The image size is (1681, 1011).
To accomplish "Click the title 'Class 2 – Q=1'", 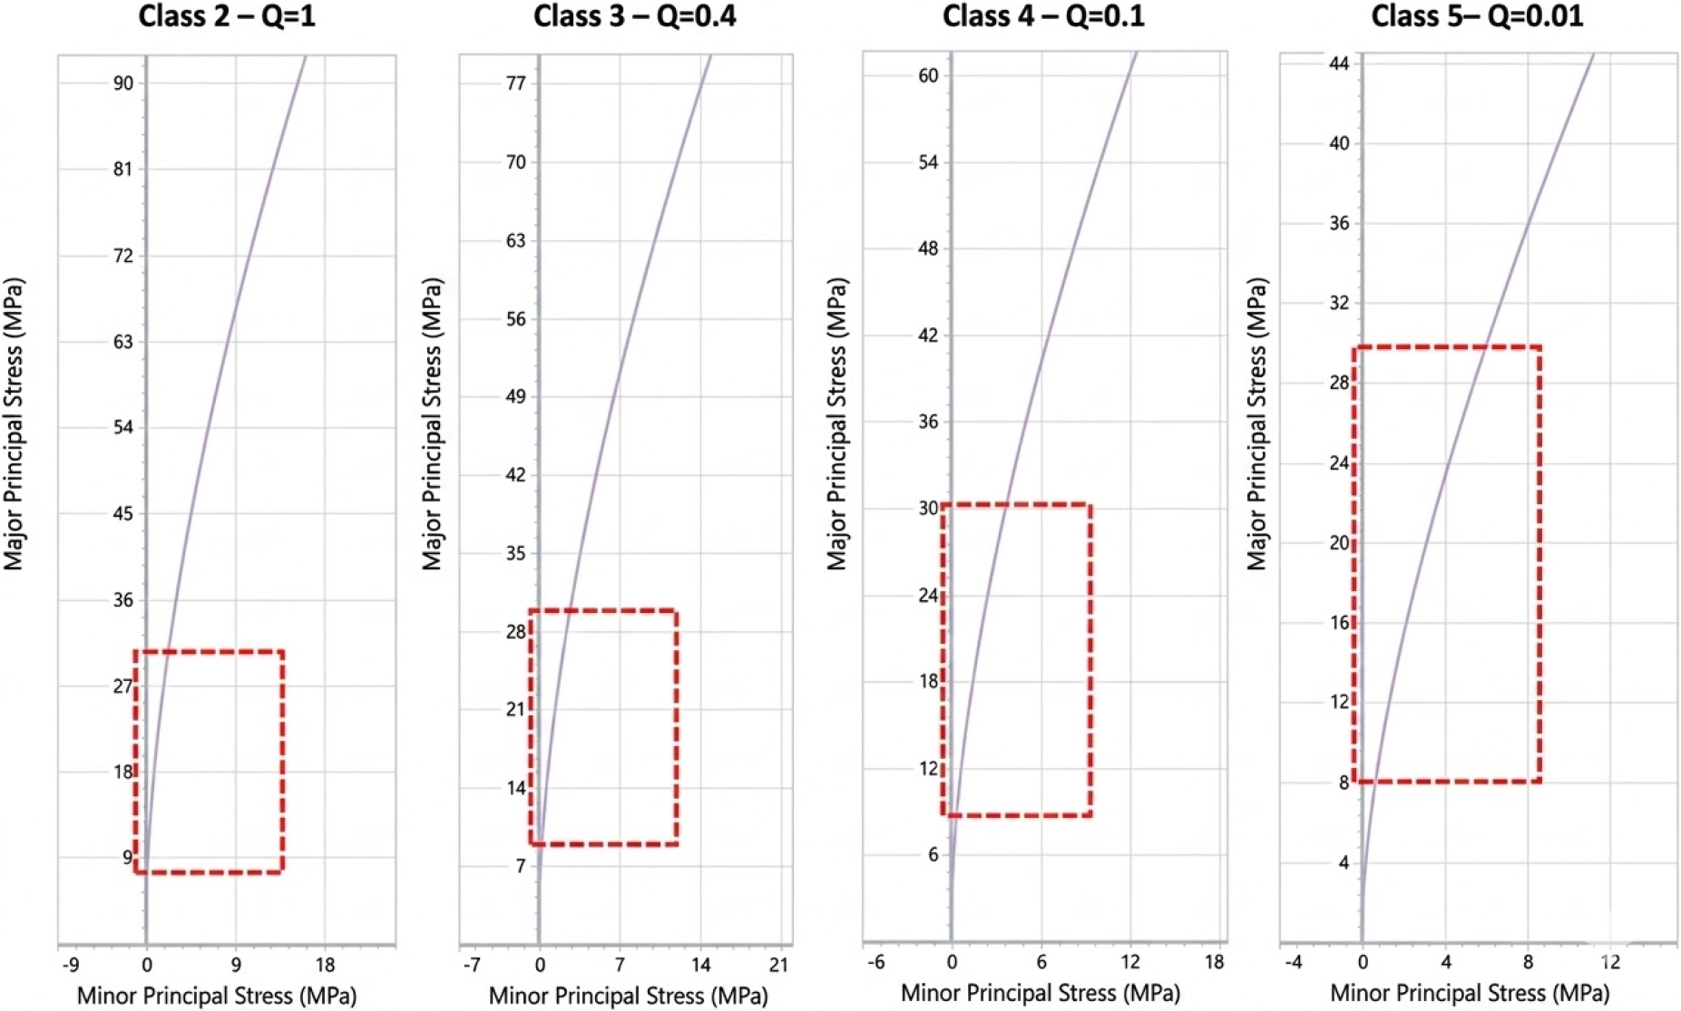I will (227, 16).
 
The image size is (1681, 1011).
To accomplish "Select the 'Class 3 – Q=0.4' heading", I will (634, 16).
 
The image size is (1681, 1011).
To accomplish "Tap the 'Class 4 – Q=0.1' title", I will (1043, 16).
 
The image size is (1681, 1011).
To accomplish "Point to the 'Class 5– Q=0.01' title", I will (1477, 16).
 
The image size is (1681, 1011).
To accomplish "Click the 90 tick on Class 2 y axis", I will (123, 83).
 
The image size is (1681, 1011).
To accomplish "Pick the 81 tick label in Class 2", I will (123, 170).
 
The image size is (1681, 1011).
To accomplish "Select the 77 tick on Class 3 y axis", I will (515, 83).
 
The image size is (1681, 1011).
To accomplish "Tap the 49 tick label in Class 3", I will (515, 397).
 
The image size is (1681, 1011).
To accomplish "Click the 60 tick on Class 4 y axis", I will (928, 75).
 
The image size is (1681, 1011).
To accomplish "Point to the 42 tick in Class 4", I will (928, 335).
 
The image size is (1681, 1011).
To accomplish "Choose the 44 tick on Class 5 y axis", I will (1339, 63).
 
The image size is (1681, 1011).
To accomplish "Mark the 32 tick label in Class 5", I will (1339, 303).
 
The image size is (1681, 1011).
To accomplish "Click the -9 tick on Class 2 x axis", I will (70, 965).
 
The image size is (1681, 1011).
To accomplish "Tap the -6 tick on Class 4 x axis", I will (875, 962).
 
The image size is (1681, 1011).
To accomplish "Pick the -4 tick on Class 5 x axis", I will (1293, 962).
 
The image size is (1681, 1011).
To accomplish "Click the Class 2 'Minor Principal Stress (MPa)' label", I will (216, 996).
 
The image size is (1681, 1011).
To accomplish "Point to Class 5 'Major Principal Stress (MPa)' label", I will (1256, 423).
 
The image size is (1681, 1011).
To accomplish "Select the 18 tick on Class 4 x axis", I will (1215, 962).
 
